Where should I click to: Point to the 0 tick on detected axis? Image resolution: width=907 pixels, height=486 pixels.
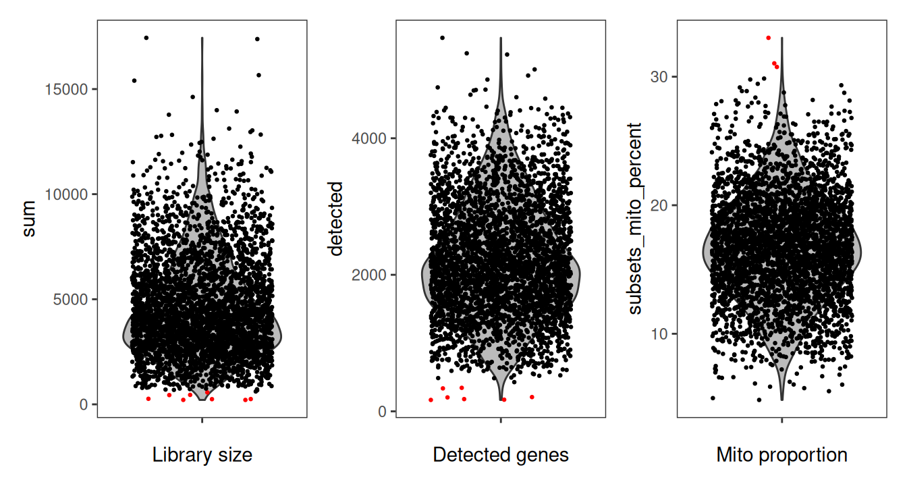[x=383, y=411]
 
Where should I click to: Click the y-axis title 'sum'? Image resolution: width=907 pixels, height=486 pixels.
[x=30, y=219]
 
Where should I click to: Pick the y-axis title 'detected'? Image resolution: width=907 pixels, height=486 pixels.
[x=335, y=219]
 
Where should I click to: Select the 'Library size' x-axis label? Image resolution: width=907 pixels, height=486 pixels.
[x=202, y=456]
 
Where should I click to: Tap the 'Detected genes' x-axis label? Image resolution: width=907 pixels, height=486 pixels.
[x=501, y=456]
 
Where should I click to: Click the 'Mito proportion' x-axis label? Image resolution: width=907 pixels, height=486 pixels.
[x=781, y=456]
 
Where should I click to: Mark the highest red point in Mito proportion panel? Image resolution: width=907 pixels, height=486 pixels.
[x=768, y=38]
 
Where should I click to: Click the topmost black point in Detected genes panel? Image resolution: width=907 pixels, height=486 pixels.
[x=442, y=38]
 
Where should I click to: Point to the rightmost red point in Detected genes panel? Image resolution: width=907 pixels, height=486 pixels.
[x=532, y=397]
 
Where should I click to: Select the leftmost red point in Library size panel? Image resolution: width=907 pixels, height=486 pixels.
[x=148, y=399]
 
